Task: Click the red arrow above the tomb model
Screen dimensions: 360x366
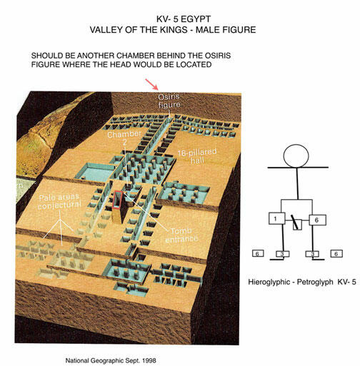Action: pos(152,84)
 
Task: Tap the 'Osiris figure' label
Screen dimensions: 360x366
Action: pos(169,101)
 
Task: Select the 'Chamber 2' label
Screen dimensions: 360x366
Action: pos(124,138)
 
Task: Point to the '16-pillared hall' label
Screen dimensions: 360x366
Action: pos(197,156)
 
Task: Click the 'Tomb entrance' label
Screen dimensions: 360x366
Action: pos(181,235)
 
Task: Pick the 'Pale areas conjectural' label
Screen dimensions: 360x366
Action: pos(59,201)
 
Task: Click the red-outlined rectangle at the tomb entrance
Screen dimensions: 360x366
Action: pos(117,200)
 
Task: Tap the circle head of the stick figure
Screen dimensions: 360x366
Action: pos(296,156)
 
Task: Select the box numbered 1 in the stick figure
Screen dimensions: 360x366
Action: pos(276,218)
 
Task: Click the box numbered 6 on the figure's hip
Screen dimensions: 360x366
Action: pos(317,220)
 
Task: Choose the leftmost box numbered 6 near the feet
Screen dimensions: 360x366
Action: pos(258,253)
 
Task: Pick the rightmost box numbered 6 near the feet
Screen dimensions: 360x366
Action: pos(336,254)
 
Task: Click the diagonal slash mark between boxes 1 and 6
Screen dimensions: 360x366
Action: pos(294,222)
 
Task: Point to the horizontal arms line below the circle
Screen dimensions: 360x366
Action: pos(298,168)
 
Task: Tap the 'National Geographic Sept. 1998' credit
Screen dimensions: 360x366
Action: pos(111,360)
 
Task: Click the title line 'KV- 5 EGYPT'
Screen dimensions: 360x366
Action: pos(184,19)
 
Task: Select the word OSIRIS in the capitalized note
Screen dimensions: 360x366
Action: pos(216,56)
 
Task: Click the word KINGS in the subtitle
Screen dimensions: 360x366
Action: pos(176,30)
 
